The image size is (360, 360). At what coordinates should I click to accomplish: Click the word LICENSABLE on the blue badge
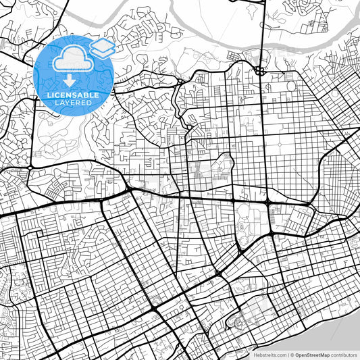(x=74, y=95)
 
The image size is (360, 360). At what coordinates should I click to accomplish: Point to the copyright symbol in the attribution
(x=291, y=355)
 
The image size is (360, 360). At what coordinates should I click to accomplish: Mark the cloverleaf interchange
(x=259, y=70)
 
